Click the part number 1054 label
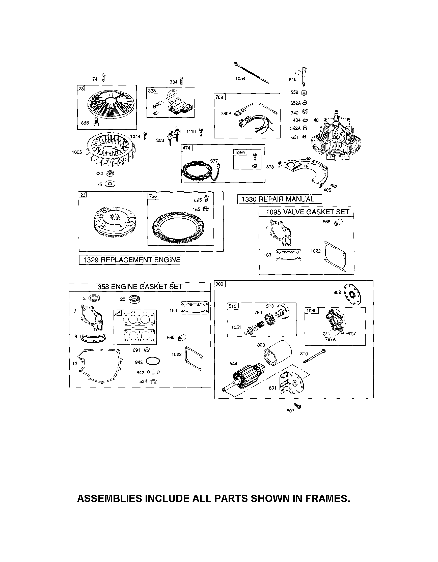240,79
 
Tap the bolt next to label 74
103,77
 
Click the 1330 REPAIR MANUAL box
279,199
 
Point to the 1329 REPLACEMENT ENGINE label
129,260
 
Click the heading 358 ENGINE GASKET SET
140,287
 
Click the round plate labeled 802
352,294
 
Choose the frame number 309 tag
220,284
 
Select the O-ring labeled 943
153,361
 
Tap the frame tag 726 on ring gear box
153,196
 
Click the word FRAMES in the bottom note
326,498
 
